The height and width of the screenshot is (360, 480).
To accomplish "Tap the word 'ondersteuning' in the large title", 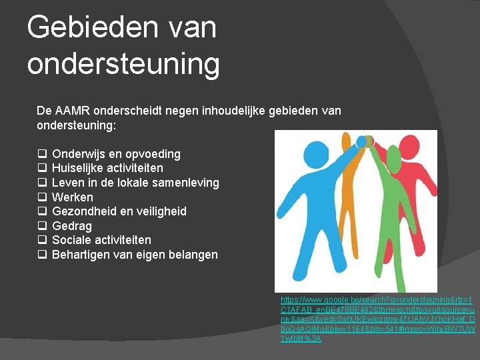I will [x=123, y=64].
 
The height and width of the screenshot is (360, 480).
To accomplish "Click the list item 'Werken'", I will [x=72, y=197].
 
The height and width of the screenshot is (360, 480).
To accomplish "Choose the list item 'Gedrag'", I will [x=71, y=226].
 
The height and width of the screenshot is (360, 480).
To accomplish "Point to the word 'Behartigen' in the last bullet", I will [x=81, y=255].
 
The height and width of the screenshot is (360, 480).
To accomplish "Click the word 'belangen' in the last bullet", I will [x=193, y=255].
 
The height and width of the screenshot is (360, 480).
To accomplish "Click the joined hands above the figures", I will [x=365, y=141].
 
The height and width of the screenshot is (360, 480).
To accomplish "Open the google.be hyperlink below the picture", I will [x=377, y=319].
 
